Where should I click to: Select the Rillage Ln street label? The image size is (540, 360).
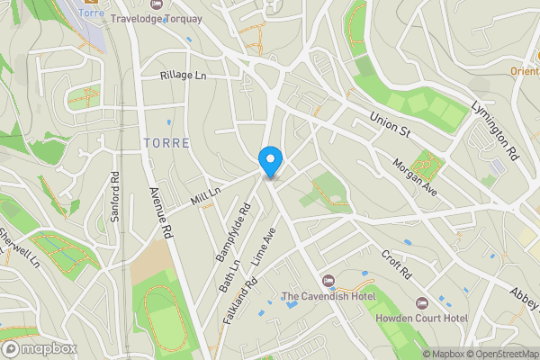pyautogui.click(x=184, y=76)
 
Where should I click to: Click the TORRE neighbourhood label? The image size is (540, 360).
pyautogui.click(x=165, y=143)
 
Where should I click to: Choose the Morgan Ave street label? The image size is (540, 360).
pyautogui.click(x=414, y=177)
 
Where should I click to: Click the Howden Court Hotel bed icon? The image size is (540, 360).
pyautogui.click(x=419, y=302)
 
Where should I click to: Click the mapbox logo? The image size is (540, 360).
pyautogui.click(x=39, y=348)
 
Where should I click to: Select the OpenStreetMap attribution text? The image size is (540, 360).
pyautogui.click(x=502, y=354)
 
